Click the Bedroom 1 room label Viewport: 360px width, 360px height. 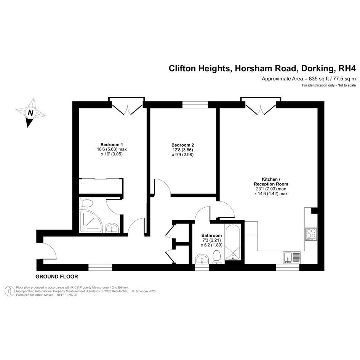click(112, 145)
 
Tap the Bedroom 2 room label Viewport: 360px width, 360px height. click(182, 145)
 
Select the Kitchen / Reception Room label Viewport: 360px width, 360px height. click(271, 182)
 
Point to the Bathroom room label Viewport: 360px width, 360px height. click(211, 235)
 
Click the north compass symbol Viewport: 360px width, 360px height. click(30, 112)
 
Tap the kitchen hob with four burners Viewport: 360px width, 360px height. click(311, 234)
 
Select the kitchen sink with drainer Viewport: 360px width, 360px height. click(291, 258)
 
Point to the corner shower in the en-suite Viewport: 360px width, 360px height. click(91, 221)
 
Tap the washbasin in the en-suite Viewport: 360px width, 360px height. click(112, 228)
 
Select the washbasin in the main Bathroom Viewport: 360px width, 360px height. click(202, 259)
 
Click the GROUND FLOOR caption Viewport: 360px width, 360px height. click(57, 277)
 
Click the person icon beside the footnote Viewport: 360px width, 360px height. click(10, 291)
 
